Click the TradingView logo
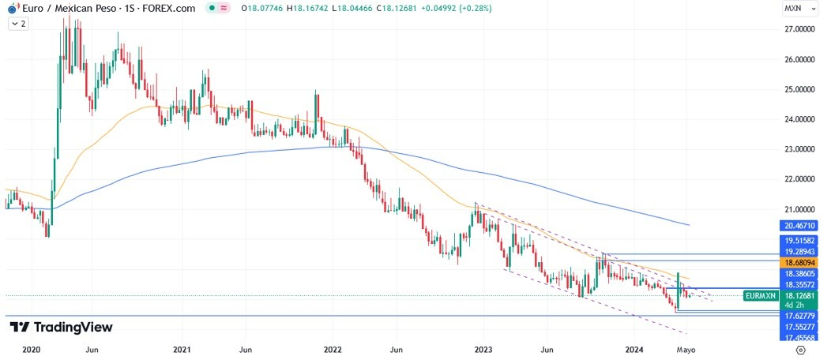pos(61,327)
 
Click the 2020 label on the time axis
pos(31,349)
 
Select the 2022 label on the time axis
pos(333,349)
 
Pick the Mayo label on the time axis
pos(686,349)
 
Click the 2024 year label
pos(636,349)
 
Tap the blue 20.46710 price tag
pos(800,225)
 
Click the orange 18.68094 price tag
pos(800,261)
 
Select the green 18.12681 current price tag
pos(800,296)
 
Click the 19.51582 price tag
pos(800,239)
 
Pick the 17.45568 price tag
pos(800,337)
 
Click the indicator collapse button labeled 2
pos(18,24)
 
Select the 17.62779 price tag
pos(800,315)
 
